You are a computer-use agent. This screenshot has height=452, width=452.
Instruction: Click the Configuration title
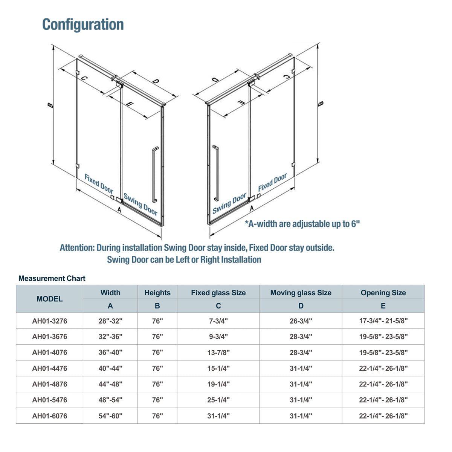(x=83, y=24)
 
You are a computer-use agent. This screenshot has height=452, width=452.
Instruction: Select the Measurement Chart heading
(x=52, y=278)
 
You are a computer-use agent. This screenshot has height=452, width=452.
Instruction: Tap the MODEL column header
(x=49, y=299)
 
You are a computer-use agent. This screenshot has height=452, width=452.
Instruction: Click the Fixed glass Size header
(x=218, y=293)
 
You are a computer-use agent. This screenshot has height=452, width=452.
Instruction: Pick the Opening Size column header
(x=383, y=293)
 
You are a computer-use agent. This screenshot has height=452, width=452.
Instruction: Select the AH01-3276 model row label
(x=49, y=321)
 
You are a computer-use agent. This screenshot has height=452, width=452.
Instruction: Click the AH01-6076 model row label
(x=49, y=416)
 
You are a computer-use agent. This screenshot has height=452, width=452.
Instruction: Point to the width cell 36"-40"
(x=110, y=353)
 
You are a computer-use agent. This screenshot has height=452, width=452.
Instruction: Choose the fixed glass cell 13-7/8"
(x=218, y=353)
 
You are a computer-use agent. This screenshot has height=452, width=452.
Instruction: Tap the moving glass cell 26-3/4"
(x=301, y=321)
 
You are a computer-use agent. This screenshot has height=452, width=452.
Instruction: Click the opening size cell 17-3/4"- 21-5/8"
(x=383, y=321)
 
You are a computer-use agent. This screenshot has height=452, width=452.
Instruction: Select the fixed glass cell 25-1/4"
(x=218, y=400)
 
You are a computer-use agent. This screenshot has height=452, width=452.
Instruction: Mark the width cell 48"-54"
(x=110, y=400)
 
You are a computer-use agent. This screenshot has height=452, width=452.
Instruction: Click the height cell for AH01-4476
(x=157, y=368)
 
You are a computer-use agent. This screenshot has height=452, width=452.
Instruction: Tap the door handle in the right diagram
(x=216, y=173)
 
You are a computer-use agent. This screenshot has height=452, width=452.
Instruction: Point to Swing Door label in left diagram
(x=140, y=205)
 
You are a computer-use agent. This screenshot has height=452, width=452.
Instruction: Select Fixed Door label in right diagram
(x=272, y=182)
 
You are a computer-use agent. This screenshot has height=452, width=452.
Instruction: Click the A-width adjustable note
(x=302, y=224)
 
